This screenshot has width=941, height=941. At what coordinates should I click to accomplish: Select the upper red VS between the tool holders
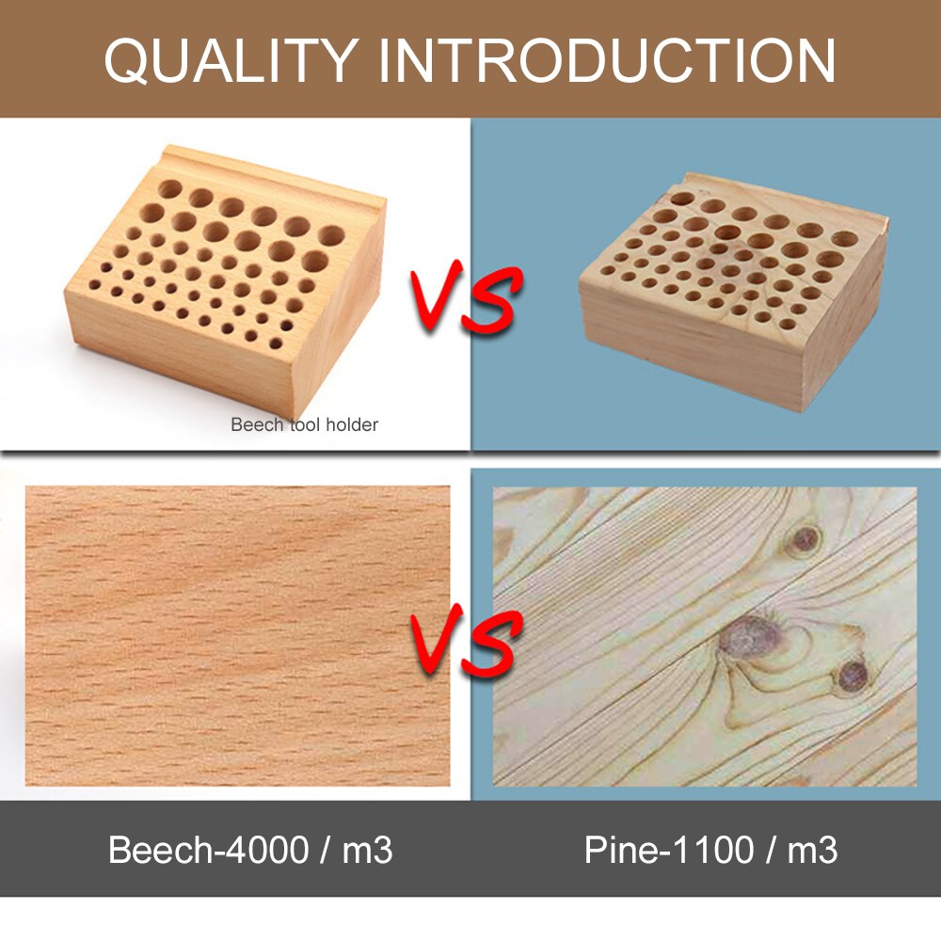tap(464, 299)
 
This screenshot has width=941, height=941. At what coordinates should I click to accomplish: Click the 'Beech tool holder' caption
tap(304, 424)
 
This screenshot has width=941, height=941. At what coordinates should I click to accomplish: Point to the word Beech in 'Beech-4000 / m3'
tap(155, 850)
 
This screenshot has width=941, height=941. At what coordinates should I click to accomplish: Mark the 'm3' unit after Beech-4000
tap(367, 850)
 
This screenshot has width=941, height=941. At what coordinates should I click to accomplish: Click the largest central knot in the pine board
tap(746, 638)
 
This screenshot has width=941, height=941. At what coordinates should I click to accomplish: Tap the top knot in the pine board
tap(805, 539)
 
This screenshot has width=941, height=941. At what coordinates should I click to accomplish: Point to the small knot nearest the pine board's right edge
tap(853, 674)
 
